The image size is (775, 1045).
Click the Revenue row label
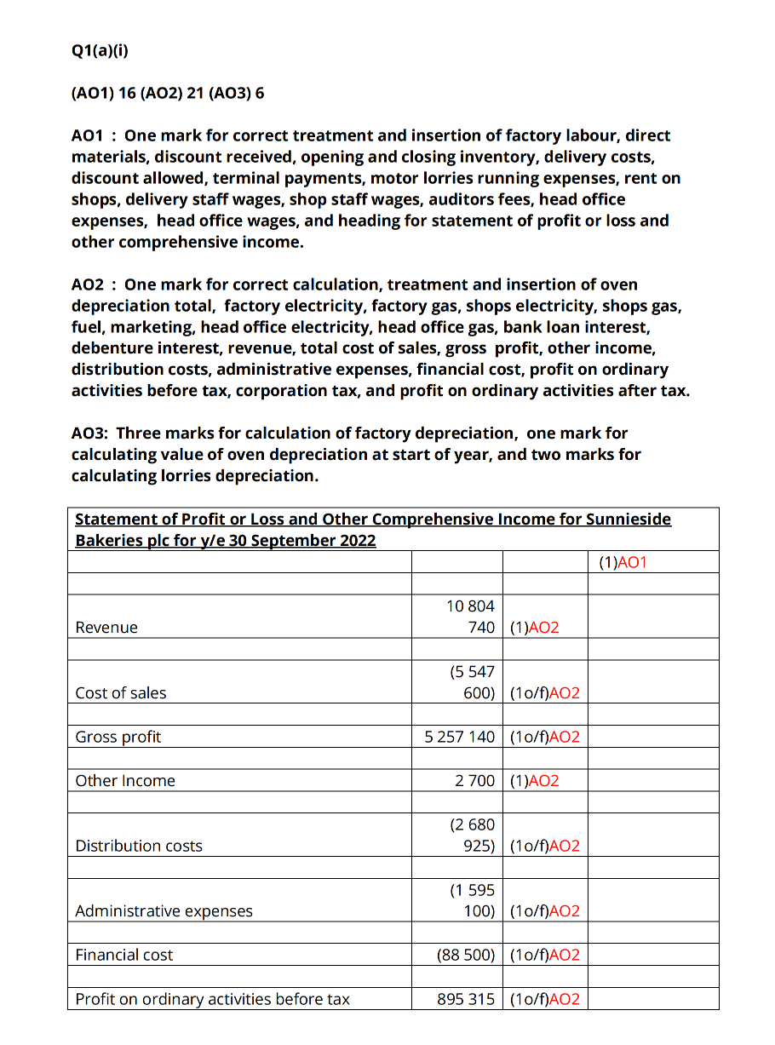click(x=106, y=628)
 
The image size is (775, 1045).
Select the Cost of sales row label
click(x=121, y=692)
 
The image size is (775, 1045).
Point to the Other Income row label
click(x=125, y=781)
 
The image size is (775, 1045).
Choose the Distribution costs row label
click(x=139, y=846)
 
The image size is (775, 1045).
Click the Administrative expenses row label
click(x=164, y=910)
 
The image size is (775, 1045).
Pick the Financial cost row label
click(x=124, y=955)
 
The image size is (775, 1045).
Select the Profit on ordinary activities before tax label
click(x=212, y=999)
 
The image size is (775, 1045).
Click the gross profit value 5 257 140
click(x=459, y=737)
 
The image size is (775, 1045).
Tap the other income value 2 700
click(x=474, y=781)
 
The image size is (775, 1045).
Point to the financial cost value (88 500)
click(x=465, y=955)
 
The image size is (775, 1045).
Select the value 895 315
click(x=465, y=999)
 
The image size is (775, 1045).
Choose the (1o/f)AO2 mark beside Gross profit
click(x=544, y=737)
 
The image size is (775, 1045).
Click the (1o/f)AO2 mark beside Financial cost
click(x=544, y=955)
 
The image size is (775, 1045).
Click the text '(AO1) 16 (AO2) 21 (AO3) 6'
click(x=168, y=93)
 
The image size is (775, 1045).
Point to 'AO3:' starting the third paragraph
click(x=90, y=433)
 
